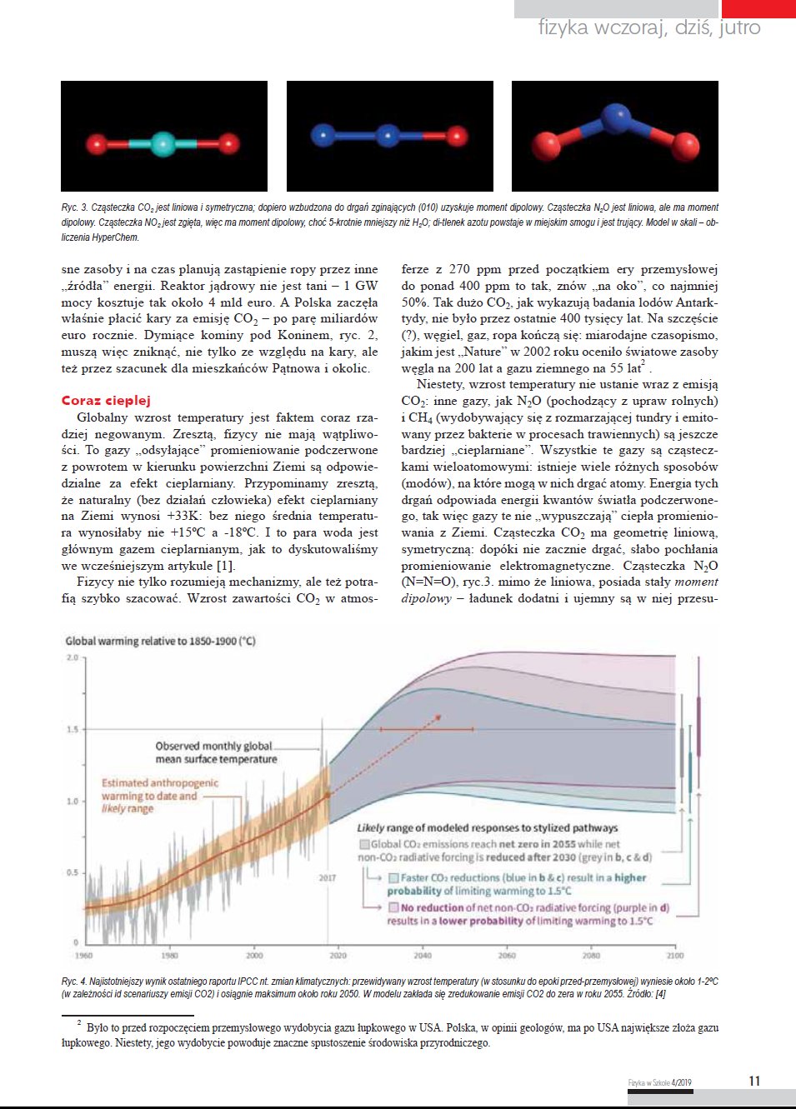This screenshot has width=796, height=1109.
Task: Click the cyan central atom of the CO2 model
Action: (163, 144)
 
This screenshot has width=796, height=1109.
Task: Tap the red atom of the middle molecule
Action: (456, 135)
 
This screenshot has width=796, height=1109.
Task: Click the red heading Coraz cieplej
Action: (106, 401)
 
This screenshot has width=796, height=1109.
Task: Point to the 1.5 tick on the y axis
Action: (73, 730)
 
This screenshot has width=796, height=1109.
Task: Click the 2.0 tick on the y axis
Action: (73, 658)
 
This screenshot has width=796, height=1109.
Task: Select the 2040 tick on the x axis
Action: (423, 955)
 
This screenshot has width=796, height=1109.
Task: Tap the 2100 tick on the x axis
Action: (674, 955)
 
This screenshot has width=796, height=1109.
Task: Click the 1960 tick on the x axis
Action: (84, 955)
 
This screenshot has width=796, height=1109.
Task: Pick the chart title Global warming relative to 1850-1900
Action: (161, 641)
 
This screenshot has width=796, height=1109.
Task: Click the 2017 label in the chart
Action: (328, 877)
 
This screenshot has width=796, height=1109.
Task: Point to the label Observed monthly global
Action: (213, 747)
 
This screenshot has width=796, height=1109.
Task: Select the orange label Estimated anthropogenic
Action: (160, 783)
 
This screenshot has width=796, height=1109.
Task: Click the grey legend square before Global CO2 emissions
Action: (364, 844)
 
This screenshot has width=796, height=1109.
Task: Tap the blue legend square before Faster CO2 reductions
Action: (394, 877)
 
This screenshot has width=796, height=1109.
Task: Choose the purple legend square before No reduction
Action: (394, 907)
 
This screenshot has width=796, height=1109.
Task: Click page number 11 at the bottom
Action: (754, 1081)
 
